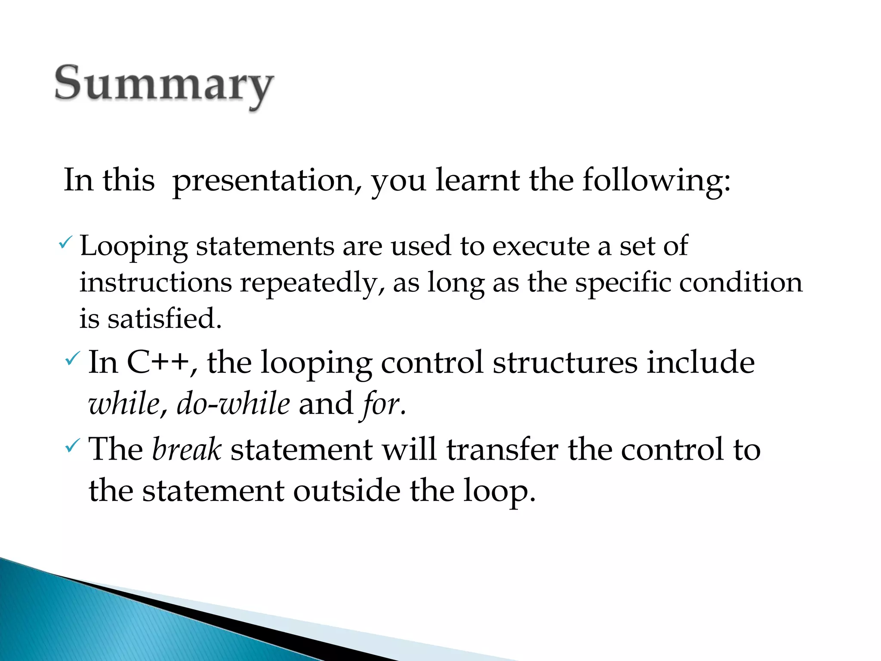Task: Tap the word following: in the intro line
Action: (x=656, y=181)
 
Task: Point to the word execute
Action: (x=541, y=247)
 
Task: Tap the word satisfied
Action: (x=164, y=319)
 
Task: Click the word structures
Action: (x=565, y=362)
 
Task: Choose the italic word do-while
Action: (x=233, y=404)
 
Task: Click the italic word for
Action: (x=381, y=404)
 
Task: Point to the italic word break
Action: (x=187, y=449)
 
